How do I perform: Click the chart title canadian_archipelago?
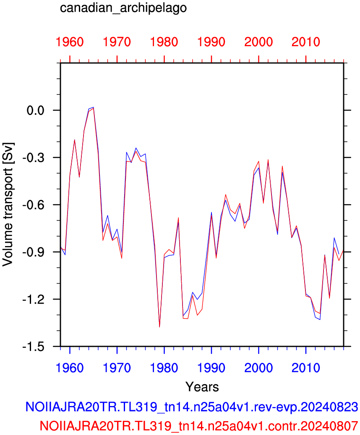pyautogui.click(x=123, y=8)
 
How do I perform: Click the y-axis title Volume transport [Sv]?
pyautogui.click(x=8, y=205)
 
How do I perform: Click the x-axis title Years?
pyautogui.click(x=202, y=387)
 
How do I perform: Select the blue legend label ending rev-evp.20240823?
pyautogui.click(x=192, y=407)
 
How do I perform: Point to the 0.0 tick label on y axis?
pyautogui.click(x=36, y=110)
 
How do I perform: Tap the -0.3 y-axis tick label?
pyautogui.click(x=34, y=157)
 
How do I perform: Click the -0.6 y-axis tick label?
pyautogui.click(x=34, y=205)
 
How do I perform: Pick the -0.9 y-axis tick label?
pyautogui.click(x=34, y=252)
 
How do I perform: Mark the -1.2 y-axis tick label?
pyautogui.click(x=34, y=299)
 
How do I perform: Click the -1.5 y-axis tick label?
pyautogui.click(x=34, y=346)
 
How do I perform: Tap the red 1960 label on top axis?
pyautogui.click(x=70, y=42)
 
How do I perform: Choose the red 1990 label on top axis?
pyautogui.click(x=211, y=42)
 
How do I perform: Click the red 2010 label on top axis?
pyautogui.click(x=306, y=42)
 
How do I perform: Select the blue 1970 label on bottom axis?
pyautogui.click(x=117, y=368)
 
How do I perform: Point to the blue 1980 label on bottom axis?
pyautogui.click(x=164, y=368)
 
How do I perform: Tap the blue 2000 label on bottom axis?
pyautogui.click(x=258, y=368)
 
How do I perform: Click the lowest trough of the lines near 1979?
pyautogui.click(x=159, y=327)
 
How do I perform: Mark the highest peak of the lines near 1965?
pyautogui.click(x=94, y=107)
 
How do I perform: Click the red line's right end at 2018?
pyautogui.click(x=343, y=251)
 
